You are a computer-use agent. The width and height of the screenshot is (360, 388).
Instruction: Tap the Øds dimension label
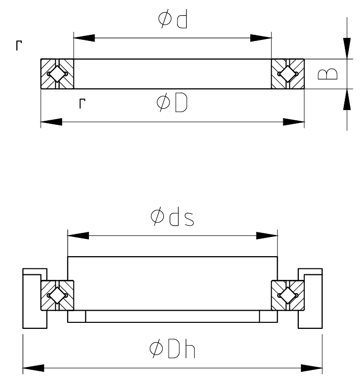(x=173, y=217)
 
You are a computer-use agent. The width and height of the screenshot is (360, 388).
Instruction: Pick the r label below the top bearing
(x=82, y=104)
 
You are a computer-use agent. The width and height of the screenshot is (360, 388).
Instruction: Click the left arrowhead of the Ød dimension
(x=84, y=38)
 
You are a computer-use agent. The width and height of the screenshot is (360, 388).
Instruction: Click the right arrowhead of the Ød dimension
(x=261, y=38)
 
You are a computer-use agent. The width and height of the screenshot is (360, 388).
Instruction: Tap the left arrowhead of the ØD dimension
(x=51, y=122)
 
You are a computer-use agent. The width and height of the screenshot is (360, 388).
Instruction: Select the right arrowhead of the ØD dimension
(x=294, y=122)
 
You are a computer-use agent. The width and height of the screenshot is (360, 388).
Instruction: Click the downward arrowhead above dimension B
(x=347, y=48)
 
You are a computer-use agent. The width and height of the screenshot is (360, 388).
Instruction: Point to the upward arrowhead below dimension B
(x=347, y=100)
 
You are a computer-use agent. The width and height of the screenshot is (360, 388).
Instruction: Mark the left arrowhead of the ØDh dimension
(x=33, y=367)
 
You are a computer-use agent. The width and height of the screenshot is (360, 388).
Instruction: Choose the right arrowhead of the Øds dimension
(x=267, y=236)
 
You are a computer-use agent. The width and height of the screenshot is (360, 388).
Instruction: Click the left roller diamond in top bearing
(x=57, y=74)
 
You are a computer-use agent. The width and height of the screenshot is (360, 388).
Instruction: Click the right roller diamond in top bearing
(x=288, y=74)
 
